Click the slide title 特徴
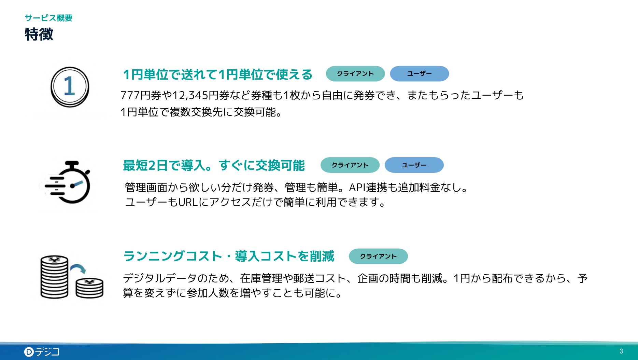[39, 34]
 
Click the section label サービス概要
[48, 18]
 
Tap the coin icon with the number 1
[70, 87]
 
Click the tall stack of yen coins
[54, 277]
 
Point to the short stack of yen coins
[89, 288]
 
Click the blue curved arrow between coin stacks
[78, 268]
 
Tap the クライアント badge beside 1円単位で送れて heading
[355, 74]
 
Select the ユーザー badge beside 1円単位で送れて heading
[420, 74]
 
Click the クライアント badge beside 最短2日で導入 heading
[350, 165]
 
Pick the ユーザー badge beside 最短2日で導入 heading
[414, 165]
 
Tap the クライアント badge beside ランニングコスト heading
[378, 256]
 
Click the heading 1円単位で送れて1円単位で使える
[217, 74]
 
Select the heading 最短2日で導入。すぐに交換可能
[214, 165]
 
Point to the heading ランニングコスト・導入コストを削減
[229, 256]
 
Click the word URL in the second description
[188, 202]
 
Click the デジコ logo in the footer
[42, 351]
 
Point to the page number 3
[621, 351]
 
